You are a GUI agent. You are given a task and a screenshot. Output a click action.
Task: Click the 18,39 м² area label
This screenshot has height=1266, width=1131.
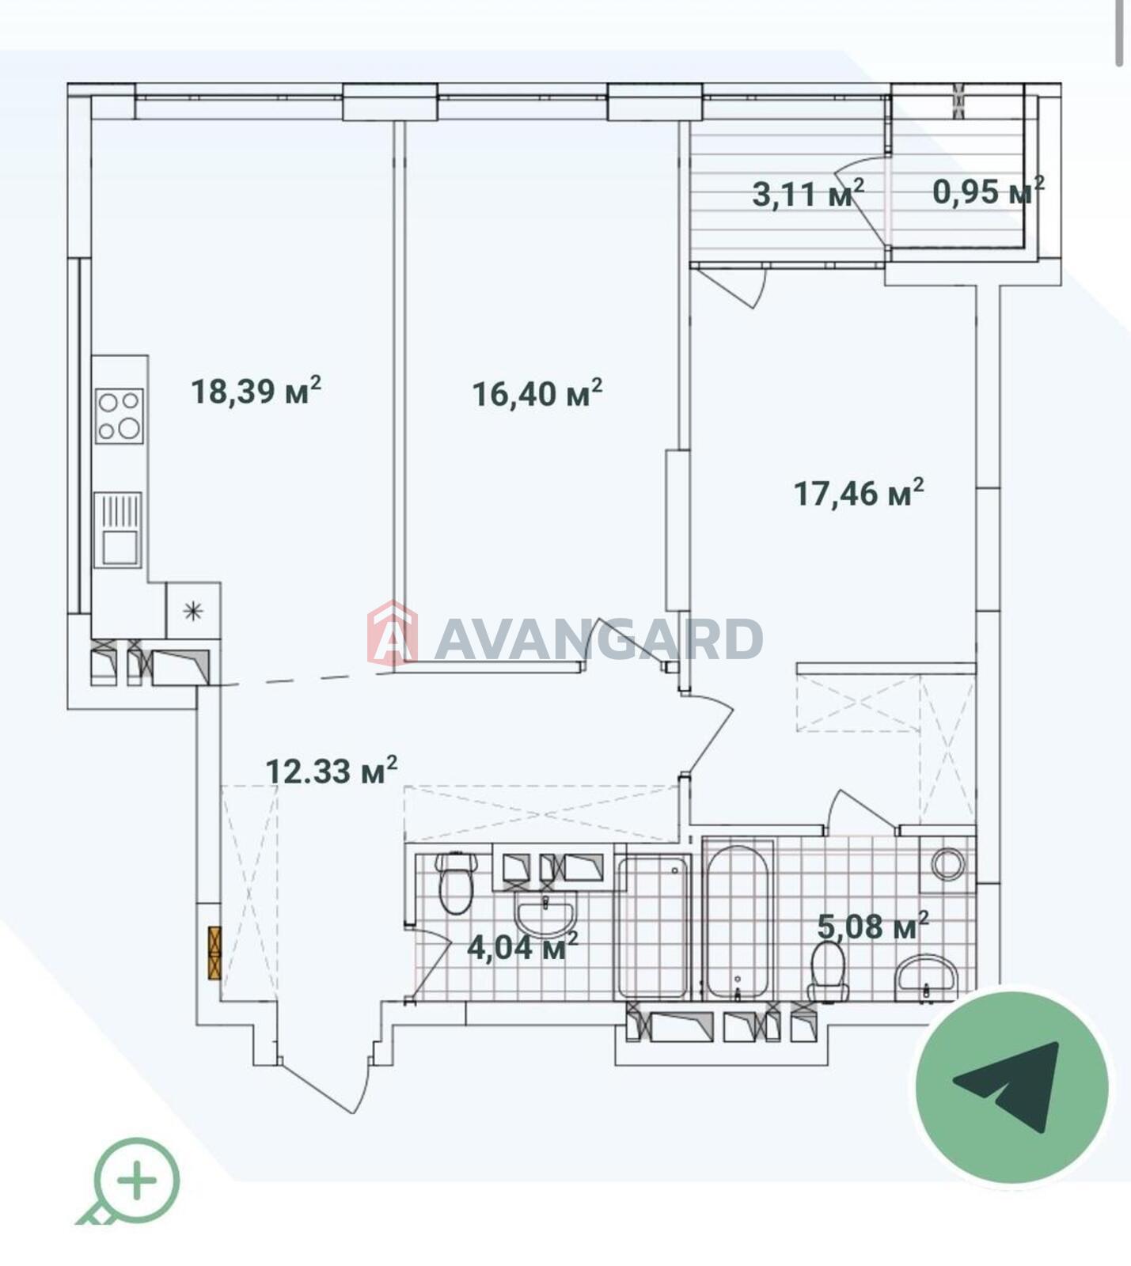(x=256, y=390)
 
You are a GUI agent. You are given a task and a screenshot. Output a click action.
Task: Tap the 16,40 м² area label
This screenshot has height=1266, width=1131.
(x=537, y=392)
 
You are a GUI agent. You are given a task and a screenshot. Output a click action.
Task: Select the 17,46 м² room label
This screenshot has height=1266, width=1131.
(x=859, y=492)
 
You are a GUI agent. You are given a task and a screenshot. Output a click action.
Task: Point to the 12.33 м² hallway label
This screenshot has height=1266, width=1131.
(x=331, y=770)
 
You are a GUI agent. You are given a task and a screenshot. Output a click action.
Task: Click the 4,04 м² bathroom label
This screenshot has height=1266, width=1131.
(x=522, y=946)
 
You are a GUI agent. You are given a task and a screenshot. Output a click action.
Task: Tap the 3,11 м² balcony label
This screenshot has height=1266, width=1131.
(x=808, y=193)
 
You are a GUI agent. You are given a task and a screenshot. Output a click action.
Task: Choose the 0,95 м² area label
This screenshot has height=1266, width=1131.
(x=989, y=191)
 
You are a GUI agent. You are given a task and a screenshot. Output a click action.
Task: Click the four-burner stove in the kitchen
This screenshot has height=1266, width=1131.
(x=120, y=415)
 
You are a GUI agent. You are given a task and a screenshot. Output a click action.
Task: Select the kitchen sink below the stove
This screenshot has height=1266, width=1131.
(x=118, y=529)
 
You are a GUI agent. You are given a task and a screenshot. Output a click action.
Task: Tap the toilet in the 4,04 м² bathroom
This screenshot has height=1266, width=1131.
(x=456, y=881)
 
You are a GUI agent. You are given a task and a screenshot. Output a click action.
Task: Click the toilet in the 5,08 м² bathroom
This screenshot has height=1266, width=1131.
(x=829, y=972)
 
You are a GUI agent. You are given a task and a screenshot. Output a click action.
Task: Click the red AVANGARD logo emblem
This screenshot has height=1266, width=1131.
(x=393, y=634)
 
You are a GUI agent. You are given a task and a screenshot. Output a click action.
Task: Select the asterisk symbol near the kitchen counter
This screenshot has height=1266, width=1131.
(x=193, y=610)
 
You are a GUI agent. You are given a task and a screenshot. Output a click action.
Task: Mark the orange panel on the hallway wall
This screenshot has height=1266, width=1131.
(x=214, y=953)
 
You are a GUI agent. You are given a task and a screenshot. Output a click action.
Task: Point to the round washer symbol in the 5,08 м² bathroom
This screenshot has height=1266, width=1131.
(x=948, y=864)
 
